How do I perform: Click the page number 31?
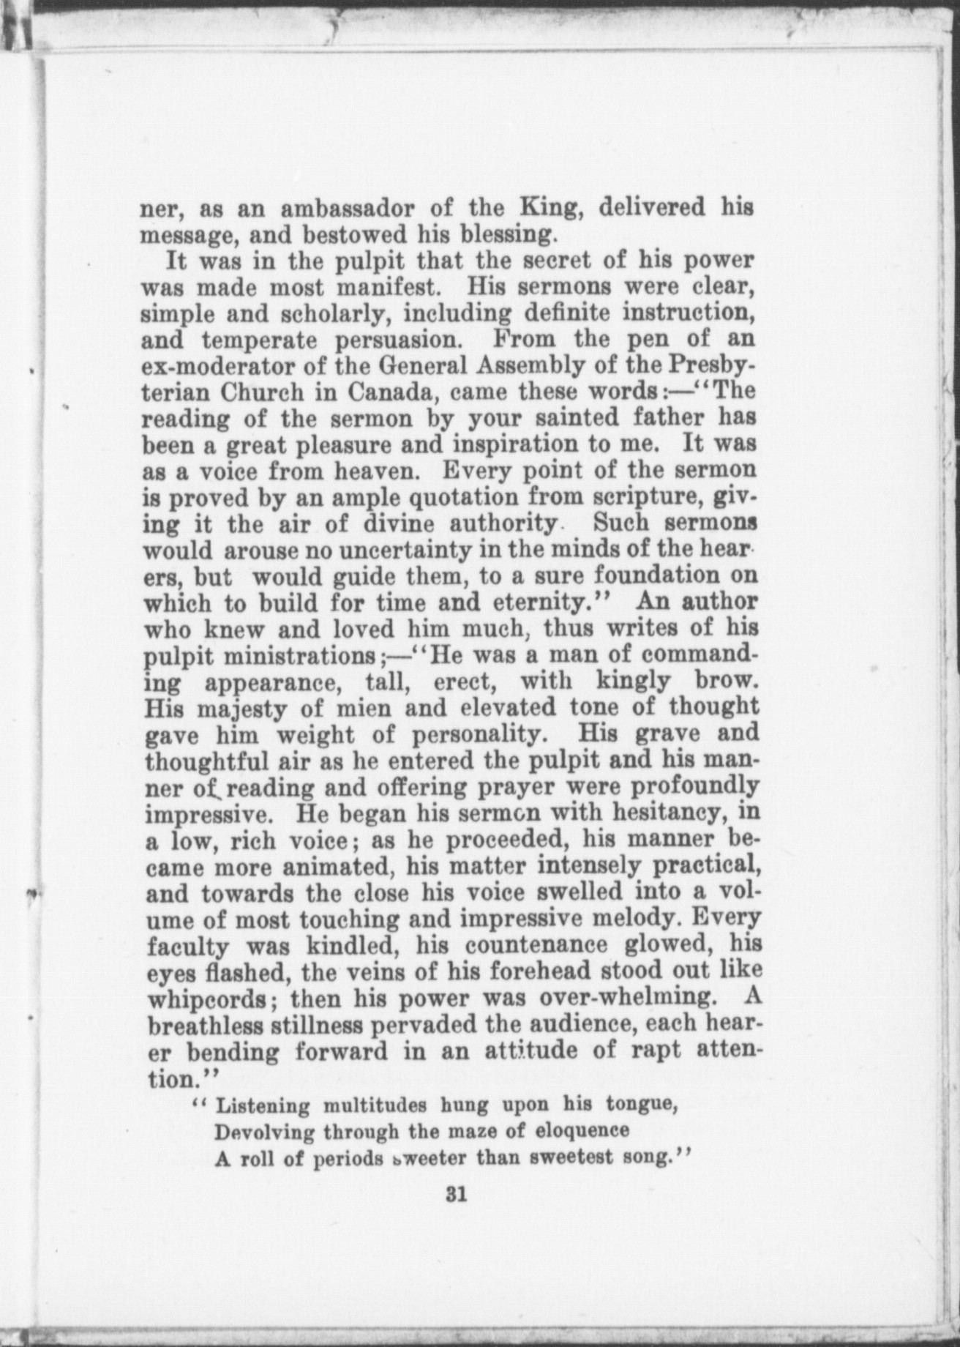point(457,1195)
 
